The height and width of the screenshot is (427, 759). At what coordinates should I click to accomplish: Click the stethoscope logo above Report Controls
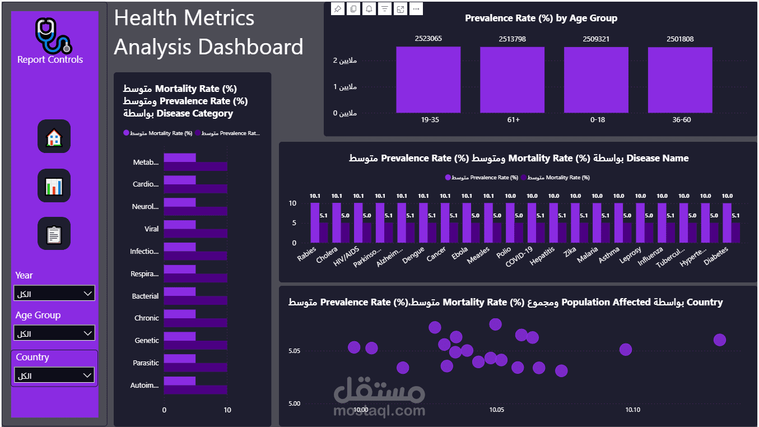[53, 35]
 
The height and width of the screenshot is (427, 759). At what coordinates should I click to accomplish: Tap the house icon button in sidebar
[54, 136]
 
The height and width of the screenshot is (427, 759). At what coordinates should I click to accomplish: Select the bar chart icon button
[54, 185]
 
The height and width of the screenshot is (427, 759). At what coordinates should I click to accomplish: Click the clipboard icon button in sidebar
[54, 234]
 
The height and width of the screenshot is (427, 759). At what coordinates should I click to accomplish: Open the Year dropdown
[54, 294]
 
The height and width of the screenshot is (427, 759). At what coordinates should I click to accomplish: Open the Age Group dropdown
[54, 333]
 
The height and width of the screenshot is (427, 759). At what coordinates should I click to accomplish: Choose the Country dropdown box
[54, 375]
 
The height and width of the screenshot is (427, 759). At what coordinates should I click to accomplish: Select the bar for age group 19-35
[428, 80]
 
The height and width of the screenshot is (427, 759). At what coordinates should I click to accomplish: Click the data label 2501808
[680, 39]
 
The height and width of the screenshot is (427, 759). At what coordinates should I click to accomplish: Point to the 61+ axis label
[512, 120]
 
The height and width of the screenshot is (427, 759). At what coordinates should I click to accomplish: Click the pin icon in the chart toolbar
[337, 9]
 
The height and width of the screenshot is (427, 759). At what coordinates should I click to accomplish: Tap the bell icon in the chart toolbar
[369, 9]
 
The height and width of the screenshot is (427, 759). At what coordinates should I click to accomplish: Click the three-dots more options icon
[416, 9]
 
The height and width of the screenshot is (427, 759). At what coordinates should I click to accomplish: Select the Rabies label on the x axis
[307, 254]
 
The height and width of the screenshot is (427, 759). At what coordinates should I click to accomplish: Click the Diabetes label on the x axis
[716, 258]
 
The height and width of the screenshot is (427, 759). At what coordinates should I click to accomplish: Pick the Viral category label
[151, 229]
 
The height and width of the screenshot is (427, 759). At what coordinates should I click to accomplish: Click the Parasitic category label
[146, 363]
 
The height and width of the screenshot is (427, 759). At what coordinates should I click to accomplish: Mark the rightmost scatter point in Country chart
[720, 340]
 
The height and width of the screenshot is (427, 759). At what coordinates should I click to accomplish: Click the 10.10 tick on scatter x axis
[632, 410]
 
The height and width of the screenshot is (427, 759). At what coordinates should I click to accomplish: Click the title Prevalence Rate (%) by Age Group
[541, 18]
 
